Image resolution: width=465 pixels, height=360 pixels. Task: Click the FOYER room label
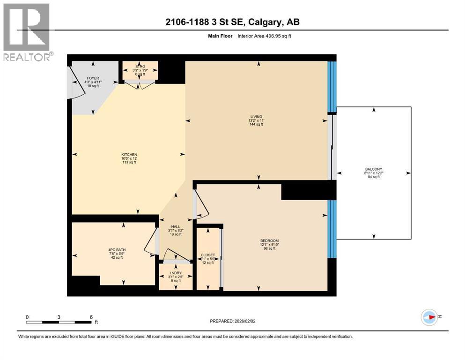92,78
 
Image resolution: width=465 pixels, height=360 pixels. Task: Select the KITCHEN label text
129,155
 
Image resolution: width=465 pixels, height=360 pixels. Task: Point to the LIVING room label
256,116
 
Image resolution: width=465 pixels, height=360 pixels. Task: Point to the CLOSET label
207,255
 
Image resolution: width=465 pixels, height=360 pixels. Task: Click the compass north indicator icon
429,317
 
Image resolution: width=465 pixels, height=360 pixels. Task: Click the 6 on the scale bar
91,317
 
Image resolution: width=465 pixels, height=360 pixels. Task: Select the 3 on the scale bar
59,317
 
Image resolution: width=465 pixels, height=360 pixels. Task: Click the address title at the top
232,22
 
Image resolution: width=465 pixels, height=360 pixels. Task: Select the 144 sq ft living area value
256,125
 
